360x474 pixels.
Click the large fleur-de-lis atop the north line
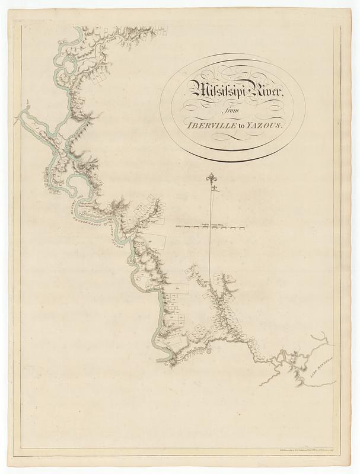pyautogui.click(x=211, y=177)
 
